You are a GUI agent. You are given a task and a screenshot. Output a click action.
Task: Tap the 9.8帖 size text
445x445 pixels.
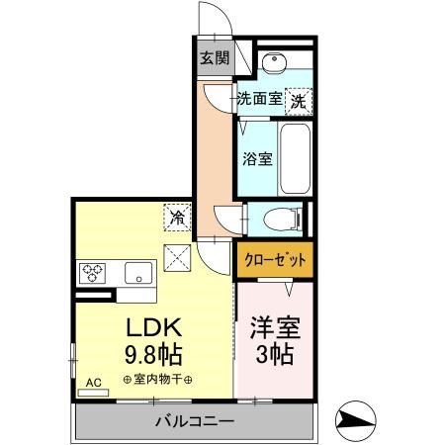[x=154, y=353]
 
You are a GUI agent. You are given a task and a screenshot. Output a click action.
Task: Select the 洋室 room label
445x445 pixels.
[x=275, y=327]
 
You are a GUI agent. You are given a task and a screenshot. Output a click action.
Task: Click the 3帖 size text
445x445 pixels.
[x=275, y=354]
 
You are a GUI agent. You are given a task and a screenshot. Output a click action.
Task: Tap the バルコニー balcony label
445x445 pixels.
[x=194, y=422]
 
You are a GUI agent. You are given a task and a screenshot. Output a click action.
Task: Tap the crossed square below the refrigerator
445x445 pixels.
[x=179, y=256]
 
